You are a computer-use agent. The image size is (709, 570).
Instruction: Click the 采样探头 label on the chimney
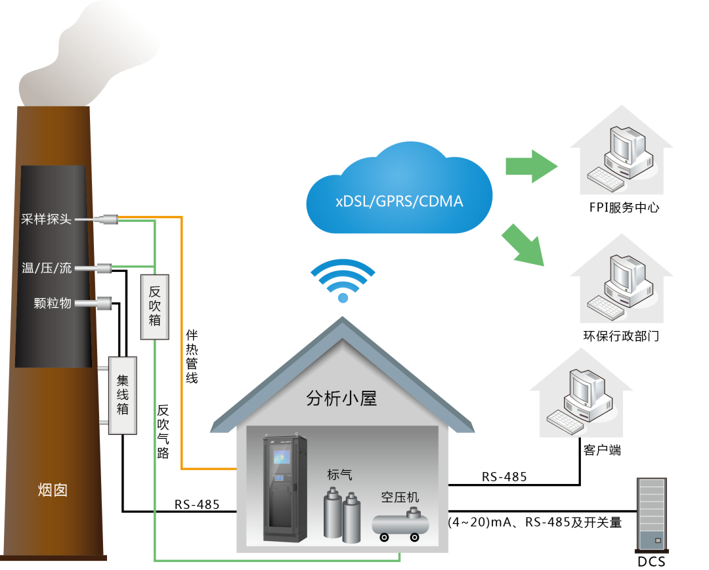click(x=46, y=219)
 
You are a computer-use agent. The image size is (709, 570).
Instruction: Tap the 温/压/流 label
click(x=47, y=268)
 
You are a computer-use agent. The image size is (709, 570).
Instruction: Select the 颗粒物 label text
click(x=53, y=303)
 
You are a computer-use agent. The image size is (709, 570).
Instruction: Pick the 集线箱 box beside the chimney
click(x=123, y=395)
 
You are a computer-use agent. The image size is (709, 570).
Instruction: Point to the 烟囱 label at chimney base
click(x=53, y=490)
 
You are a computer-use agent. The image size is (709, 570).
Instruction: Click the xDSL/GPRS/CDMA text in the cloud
click(x=399, y=202)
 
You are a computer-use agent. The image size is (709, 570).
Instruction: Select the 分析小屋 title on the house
click(x=341, y=398)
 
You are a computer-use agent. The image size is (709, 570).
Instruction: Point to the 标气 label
click(x=339, y=475)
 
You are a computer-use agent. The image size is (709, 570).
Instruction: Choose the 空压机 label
click(x=400, y=497)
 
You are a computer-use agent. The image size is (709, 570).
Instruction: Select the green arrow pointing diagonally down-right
click(x=525, y=245)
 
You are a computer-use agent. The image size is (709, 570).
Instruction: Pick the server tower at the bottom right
click(x=651, y=514)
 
